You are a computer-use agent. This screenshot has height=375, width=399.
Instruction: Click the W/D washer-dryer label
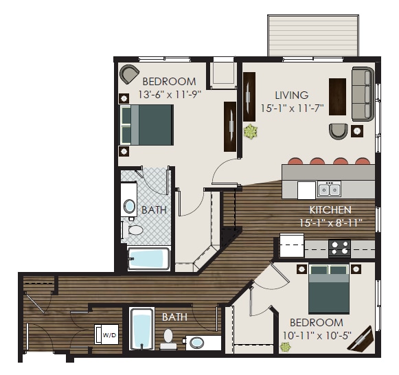[110, 335]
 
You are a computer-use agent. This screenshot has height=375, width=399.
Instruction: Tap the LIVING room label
[292, 95]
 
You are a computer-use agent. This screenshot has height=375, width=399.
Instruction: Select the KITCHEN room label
[331, 209]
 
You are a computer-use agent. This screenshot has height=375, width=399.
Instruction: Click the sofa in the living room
[363, 93]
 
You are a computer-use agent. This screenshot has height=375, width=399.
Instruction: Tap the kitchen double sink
[328, 190]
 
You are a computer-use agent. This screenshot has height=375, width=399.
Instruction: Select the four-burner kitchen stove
[339, 247]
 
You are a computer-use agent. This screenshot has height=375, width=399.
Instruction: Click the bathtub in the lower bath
[141, 329]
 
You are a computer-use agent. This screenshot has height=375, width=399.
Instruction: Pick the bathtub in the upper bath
[148, 259]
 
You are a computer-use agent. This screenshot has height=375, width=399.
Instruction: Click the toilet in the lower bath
[167, 338]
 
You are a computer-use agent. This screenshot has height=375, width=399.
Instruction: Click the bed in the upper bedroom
[146, 124]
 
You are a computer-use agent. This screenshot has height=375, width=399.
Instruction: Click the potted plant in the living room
[251, 130]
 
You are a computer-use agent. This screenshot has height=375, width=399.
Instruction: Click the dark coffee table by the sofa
[337, 97]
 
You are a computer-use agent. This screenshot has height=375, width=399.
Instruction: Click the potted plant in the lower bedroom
[284, 346]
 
